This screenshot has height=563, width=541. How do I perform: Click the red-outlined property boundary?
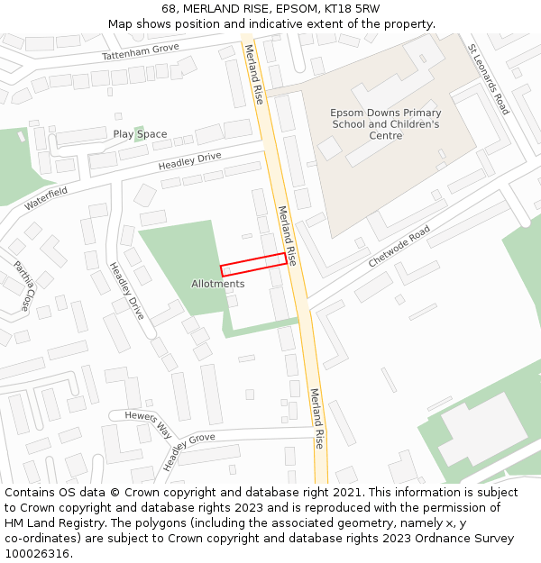[253, 264]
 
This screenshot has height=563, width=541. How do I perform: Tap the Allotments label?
[217, 284]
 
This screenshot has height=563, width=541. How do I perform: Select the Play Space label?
[140, 134]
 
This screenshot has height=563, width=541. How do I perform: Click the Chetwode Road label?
[399, 246]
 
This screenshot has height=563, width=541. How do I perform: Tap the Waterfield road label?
[46, 198]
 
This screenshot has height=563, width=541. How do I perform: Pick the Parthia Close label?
[22, 286]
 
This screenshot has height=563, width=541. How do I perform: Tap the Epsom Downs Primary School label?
[385, 124]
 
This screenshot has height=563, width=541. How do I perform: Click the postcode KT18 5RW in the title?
[352, 9]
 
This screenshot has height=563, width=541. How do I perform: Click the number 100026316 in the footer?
[38, 553]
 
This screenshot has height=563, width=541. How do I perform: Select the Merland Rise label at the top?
[253, 74]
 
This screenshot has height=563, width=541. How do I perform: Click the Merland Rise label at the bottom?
[316, 418]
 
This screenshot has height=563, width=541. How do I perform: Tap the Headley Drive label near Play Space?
[189, 162]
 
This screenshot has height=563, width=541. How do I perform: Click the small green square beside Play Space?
[139, 133]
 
